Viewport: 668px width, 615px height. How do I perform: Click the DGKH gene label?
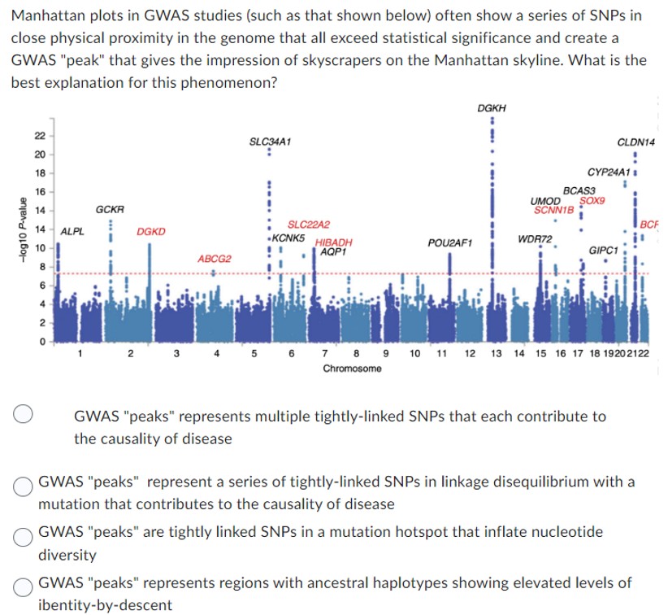(492, 107)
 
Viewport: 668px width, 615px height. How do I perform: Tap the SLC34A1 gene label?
(271, 141)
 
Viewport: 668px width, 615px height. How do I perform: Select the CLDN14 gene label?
(636, 142)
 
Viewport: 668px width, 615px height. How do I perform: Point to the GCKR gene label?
(110, 209)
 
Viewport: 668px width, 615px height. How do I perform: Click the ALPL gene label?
(72, 231)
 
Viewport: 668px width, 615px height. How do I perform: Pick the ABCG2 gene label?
(215, 258)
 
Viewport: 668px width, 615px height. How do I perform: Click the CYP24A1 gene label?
(609, 172)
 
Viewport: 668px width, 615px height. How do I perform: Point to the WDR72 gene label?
(535, 238)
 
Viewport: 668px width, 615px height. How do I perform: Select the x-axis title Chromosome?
(352, 369)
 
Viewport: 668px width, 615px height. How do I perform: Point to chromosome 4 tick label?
(216, 355)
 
